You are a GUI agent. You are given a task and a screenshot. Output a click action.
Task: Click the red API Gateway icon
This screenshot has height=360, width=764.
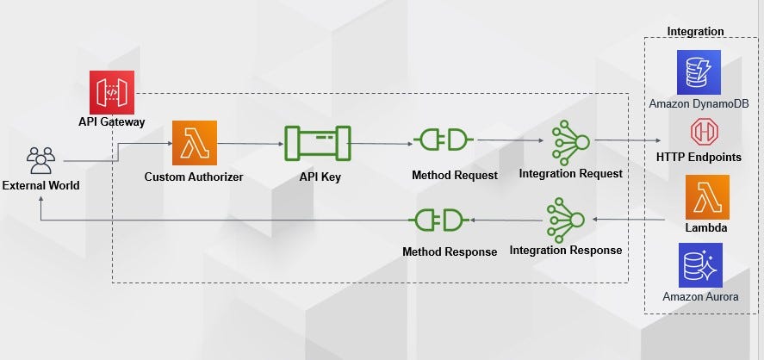pyautogui.click(x=112, y=92)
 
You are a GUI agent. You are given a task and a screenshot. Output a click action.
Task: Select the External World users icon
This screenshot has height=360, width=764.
pyautogui.click(x=41, y=160)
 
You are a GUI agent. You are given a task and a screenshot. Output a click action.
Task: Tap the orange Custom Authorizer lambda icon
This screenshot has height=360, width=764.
pyautogui.click(x=195, y=143)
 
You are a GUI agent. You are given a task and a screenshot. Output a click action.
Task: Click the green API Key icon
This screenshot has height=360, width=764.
pyautogui.click(x=318, y=143)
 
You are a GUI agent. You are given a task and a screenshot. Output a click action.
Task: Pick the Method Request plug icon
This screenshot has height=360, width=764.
pyautogui.click(x=444, y=140)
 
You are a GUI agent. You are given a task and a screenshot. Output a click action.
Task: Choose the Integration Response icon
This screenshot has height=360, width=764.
pyautogui.click(x=566, y=220)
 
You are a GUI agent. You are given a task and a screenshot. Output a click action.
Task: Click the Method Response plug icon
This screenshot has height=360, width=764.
pyautogui.click(x=438, y=220)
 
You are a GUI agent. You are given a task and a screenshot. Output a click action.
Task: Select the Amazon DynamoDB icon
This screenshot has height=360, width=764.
pyautogui.click(x=699, y=72)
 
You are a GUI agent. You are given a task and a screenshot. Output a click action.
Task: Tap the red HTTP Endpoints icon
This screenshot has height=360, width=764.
pyautogui.click(x=704, y=132)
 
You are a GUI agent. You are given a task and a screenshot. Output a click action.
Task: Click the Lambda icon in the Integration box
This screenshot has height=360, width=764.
pyautogui.click(x=707, y=197)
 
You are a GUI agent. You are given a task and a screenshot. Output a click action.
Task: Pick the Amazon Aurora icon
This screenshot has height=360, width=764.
pyautogui.click(x=700, y=265)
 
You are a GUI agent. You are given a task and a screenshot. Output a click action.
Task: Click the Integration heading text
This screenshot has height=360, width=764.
pyautogui.click(x=695, y=31)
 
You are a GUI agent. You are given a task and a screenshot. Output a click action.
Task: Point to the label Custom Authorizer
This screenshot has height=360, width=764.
pyautogui.click(x=194, y=177)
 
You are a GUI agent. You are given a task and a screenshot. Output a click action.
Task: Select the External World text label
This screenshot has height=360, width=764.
pyautogui.click(x=41, y=186)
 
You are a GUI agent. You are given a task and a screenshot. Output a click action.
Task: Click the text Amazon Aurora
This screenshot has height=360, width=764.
pyautogui.click(x=700, y=296)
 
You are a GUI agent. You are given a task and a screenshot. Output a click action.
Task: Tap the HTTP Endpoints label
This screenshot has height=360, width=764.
pyautogui.click(x=699, y=157)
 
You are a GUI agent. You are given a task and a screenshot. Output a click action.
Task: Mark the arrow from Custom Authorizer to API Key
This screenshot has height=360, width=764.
pyautogui.click(x=251, y=144)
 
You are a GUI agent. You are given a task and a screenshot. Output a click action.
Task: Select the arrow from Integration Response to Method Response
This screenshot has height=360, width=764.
pyautogui.click(x=507, y=220)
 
